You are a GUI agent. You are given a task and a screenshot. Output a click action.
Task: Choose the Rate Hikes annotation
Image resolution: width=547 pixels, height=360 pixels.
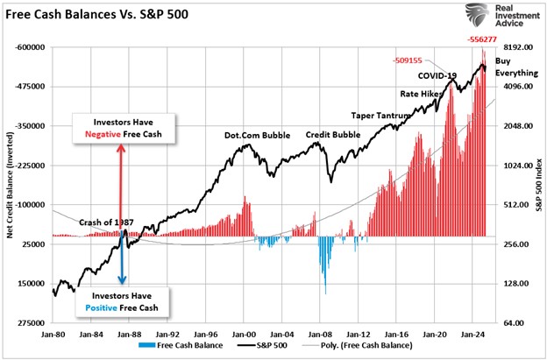(420, 94)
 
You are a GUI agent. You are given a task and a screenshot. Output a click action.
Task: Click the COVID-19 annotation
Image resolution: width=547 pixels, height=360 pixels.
(438, 76)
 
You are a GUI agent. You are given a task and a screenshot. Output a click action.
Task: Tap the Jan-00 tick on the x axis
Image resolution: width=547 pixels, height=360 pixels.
(243, 335)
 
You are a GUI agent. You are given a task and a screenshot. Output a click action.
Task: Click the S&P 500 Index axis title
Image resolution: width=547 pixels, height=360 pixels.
(537, 185)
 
